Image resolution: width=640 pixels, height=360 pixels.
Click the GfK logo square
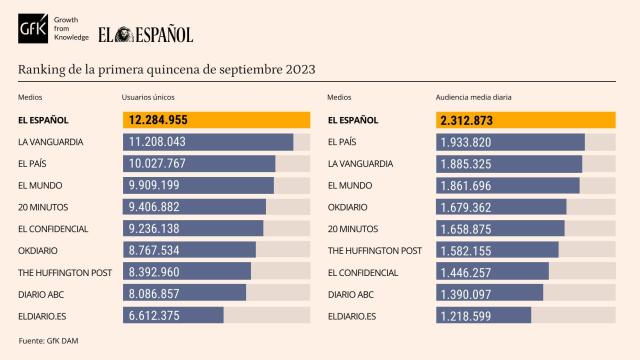click(32, 34)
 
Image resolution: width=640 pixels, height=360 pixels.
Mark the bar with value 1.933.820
click(510, 142)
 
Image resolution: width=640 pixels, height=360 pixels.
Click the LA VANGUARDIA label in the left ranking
click(51, 142)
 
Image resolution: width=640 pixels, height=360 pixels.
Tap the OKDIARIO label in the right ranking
click(349, 207)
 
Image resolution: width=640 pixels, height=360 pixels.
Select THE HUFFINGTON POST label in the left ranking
click(64, 272)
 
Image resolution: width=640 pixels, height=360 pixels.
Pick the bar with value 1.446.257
click(492, 272)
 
